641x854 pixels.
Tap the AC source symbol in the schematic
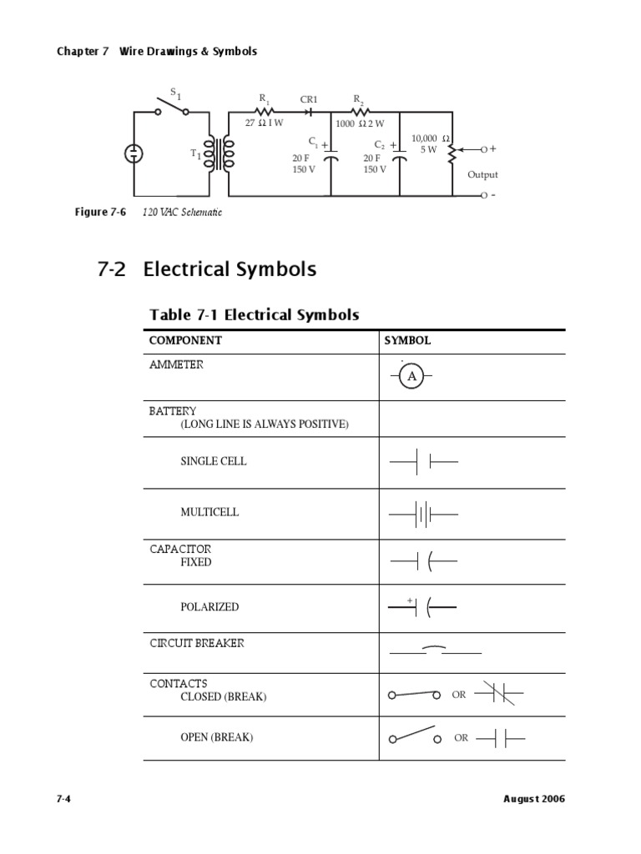(134, 153)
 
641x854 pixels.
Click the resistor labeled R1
(264, 109)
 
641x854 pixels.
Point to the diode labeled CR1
(310, 109)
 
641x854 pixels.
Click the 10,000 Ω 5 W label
(432, 143)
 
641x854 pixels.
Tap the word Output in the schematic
(482, 174)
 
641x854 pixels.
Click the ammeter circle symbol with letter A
(411, 378)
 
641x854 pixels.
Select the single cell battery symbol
(422, 461)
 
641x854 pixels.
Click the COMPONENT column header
(185, 340)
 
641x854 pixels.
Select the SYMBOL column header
(407, 340)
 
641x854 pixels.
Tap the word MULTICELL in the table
(209, 512)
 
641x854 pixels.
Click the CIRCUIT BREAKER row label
(197, 644)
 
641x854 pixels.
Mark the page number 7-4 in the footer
(63, 798)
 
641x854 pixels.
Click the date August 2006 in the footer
(534, 798)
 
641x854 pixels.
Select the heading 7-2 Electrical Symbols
(207, 269)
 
